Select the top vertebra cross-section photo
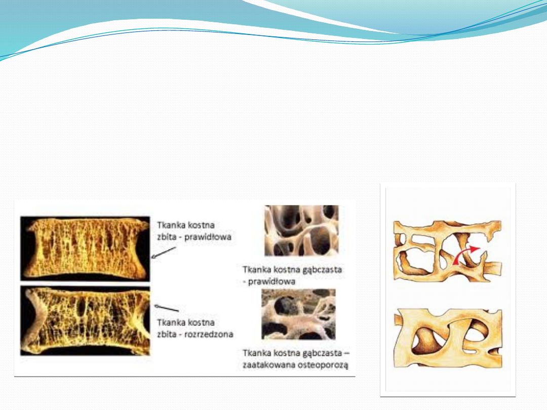(85, 249)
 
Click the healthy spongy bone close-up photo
(301, 230)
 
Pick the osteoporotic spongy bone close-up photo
(298, 314)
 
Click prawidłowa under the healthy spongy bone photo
(271, 281)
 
